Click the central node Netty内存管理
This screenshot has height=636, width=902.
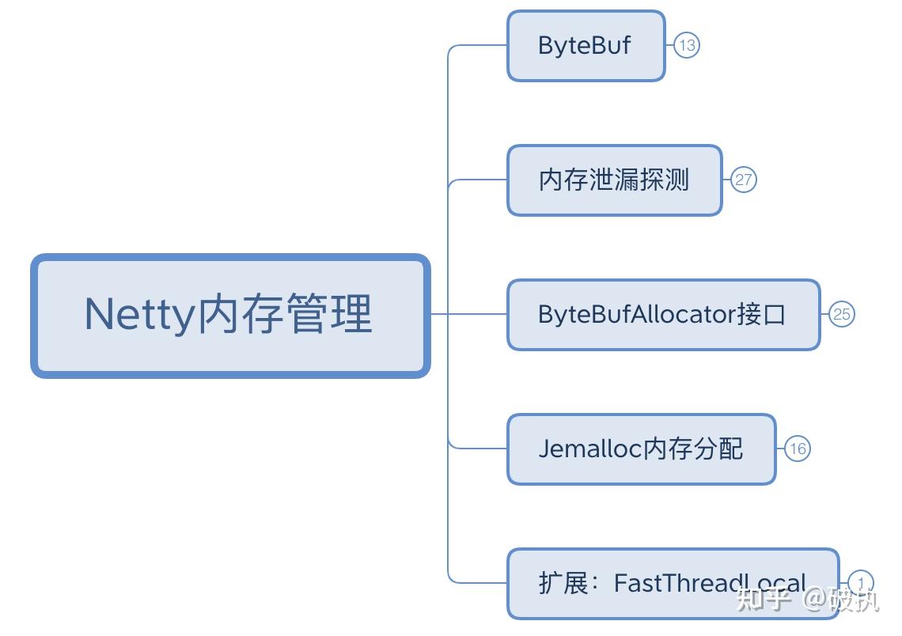pyautogui.click(x=229, y=315)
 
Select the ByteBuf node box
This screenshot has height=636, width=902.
pyautogui.click(x=586, y=46)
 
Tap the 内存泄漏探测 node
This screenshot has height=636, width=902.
pyautogui.click(x=614, y=180)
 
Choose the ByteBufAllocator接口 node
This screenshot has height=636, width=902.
pyautogui.click(x=663, y=315)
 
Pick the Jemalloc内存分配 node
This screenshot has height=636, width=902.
pyautogui.click(x=641, y=449)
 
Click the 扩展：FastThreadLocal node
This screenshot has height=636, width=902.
pyautogui.click(x=673, y=584)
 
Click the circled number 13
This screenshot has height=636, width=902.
pyautogui.click(x=687, y=46)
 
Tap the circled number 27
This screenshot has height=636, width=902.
pyautogui.click(x=743, y=180)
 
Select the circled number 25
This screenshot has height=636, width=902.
pyautogui.click(x=842, y=315)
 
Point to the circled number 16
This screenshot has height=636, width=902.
pyautogui.click(x=798, y=449)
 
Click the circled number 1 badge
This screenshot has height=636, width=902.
pyautogui.click(x=861, y=584)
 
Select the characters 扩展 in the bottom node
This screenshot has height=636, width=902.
pyautogui.click(x=563, y=584)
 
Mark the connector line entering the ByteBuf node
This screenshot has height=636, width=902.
pyautogui.click(x=479, y=45)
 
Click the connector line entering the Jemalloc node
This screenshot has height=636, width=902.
pyautogui.click(x=479, y=449)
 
